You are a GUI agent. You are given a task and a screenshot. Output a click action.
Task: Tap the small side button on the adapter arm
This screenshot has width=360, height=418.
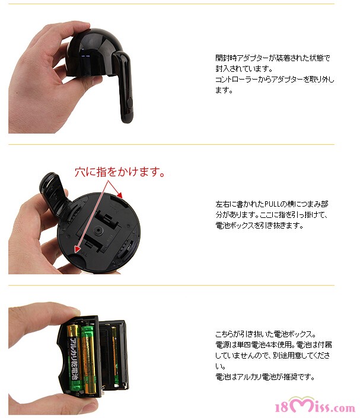pos(130,103)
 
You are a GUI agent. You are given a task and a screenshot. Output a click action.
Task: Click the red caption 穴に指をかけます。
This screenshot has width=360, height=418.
pos(120,172)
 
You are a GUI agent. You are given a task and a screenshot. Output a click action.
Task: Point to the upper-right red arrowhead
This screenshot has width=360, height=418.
pos(120,195)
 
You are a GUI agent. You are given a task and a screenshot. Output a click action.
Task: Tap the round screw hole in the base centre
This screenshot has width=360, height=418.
pos(99,230)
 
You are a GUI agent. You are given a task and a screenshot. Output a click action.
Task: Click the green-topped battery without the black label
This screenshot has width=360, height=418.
pos(89,359)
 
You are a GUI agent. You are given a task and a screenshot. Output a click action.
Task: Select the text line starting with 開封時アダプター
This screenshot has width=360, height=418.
pos(273,58)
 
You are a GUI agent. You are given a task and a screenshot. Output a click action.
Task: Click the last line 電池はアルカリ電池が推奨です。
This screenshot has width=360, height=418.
pos(265,377)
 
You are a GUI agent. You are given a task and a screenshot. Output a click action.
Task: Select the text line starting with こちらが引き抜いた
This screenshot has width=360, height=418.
pos(266,334)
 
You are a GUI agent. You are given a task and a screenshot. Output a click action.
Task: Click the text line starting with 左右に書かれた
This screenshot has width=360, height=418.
pos(272,204)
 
